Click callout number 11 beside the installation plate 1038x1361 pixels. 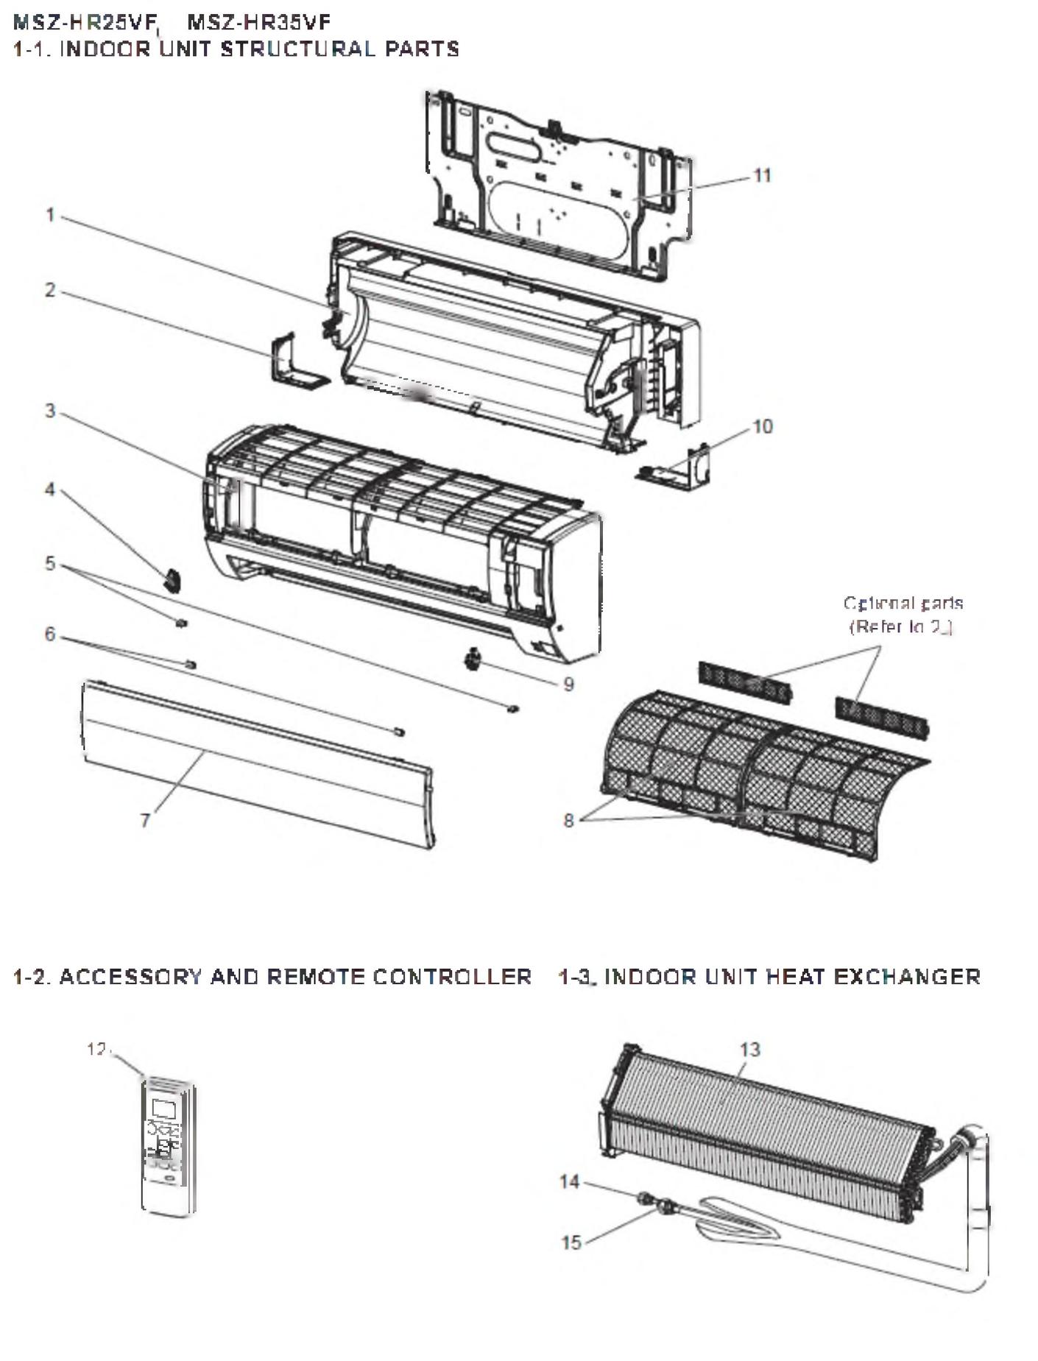coord(762,176)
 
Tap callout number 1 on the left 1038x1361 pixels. coord(50,215)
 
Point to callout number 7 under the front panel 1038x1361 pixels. coord(145,820)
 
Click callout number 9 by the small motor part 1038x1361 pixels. coord(568,685)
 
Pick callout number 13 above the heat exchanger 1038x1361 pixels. coord(749,1050)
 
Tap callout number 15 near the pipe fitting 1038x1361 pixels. coord(571,1243)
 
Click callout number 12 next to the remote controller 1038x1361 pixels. coord(96,1049)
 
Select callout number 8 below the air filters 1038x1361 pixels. coord(568,820)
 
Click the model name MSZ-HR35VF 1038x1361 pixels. coord(259,23)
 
